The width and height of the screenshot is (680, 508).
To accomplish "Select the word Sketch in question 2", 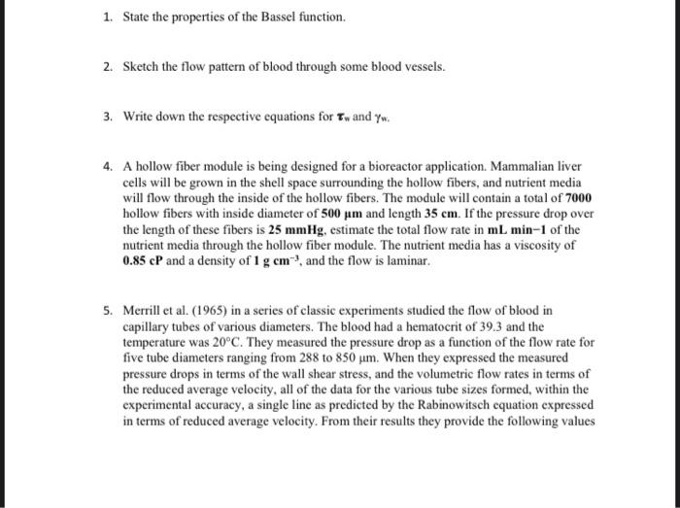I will click(x=142, y=67).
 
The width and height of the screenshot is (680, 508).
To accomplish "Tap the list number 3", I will click(x=109, y=116).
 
